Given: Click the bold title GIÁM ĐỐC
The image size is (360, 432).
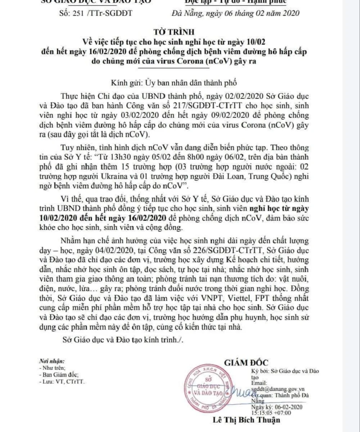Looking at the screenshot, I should pos(246,362).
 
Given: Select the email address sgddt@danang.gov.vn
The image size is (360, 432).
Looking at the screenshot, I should pos(278,389).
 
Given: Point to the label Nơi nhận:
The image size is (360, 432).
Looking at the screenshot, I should pos(52,361).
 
